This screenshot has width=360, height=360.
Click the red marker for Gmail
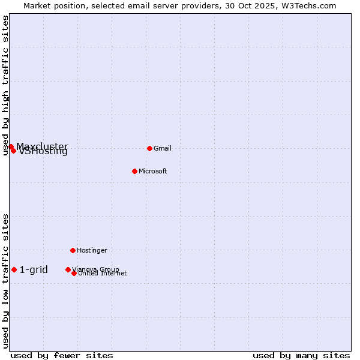(149, 148)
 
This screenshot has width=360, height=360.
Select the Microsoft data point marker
(134, 171)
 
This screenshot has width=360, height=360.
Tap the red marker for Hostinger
(73, 250)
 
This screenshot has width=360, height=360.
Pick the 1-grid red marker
(14, 270)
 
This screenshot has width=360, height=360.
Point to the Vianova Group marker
(68, 269)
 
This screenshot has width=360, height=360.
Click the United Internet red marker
(74, 273)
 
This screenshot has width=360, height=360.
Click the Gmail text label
(163, 149)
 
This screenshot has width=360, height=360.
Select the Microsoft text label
(153, 172)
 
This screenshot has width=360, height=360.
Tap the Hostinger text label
(92, 250)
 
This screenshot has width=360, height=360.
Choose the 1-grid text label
(34, 270)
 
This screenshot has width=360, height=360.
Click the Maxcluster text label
(42, 146)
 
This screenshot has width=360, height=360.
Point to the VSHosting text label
(43, 152)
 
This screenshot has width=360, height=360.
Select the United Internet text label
(103, 274)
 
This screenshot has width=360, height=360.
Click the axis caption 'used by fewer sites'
(62, 355)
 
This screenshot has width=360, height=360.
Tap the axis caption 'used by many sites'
(301, 355)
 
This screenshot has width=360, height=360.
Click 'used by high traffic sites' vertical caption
(6, 86)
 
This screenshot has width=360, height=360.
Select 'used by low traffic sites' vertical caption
(6, 280)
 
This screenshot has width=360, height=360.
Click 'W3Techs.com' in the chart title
(310, 6)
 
